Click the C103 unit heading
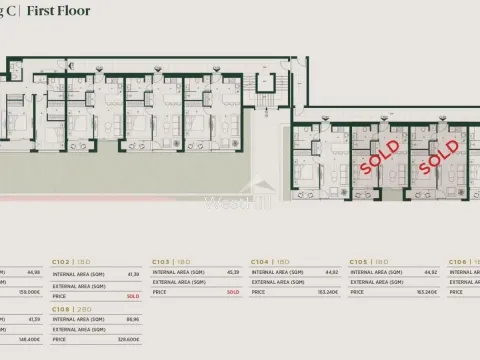(x=161, y=261)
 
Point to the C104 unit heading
(x=260, y=261)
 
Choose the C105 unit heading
(x=360, y=261)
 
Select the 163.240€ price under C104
(x=327, y=292)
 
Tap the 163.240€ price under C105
(x=427, y=292)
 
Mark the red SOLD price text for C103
(x=232, y=292)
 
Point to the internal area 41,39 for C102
(x=131, y=272)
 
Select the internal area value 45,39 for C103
(x=232, y=272)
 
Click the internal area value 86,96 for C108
(x=131, y=321)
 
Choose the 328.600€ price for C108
(x=129, y=340)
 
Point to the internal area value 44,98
(x=32, y=272)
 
